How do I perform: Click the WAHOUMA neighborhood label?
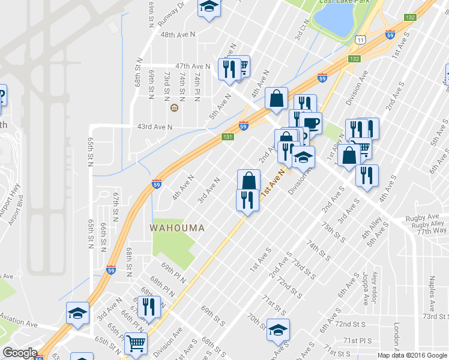177,228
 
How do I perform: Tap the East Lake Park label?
343,2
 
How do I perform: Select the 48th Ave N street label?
178,35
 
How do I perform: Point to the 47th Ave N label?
192,65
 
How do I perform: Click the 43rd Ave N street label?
155,127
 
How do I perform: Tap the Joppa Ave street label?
366,287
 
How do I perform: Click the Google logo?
20,353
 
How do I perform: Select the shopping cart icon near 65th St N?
136,343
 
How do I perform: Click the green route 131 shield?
228,137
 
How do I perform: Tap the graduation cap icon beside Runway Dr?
209,7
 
